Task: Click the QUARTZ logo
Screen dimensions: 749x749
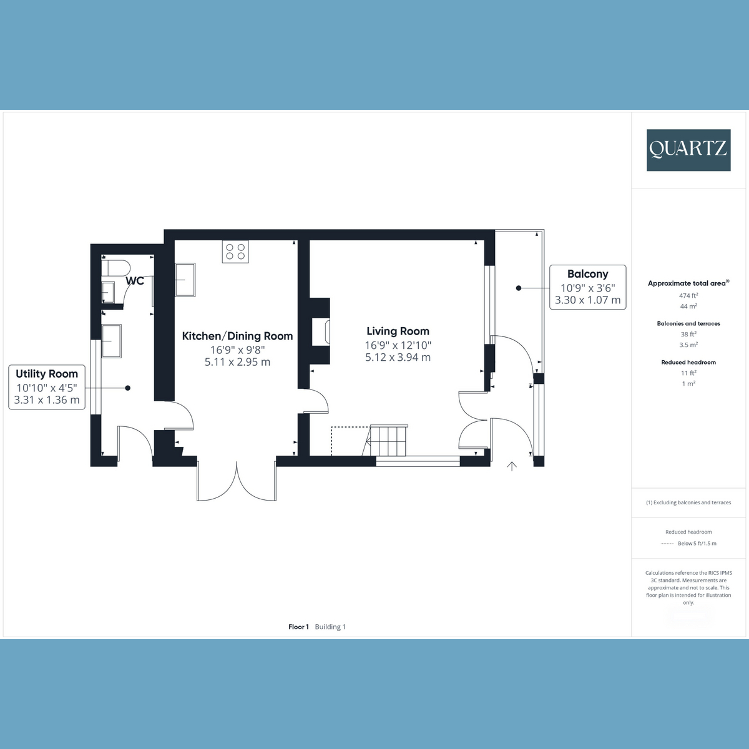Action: tap(688, 150)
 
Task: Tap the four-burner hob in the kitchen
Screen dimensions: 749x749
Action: tap(235, 252)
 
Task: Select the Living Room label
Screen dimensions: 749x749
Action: tap(398, 331)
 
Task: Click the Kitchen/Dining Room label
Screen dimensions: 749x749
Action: tap(237, 336)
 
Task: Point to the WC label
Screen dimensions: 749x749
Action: tap(135, 281)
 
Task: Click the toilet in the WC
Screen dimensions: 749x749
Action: tap(115, 268)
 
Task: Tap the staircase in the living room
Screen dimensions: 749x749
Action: tap(387, 440)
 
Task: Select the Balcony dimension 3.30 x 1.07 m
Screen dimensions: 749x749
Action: tap(588, 300)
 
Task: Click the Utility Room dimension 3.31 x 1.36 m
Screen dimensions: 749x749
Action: tap(47, 400)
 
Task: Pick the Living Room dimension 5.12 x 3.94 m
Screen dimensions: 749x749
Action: tap(398, 357)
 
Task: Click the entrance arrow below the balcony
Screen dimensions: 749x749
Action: tap(512, 466)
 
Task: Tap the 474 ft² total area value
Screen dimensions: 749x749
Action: tap(688, 295)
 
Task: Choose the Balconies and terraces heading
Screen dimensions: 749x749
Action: tap(688, 323)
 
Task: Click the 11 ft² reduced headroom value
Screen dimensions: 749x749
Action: tap(688, 373)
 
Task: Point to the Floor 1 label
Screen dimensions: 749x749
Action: tap(298, 627)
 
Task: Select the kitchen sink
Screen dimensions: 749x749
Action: tap(185, 280)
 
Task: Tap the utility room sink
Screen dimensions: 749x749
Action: tap(112, 341)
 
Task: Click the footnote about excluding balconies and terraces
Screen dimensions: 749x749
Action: tap(688, 502)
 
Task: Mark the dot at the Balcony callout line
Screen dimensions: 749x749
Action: tap(519, 288)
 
